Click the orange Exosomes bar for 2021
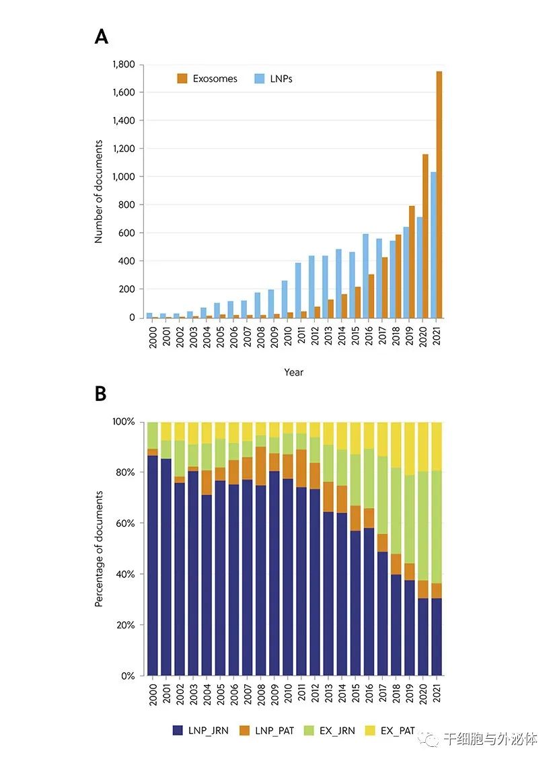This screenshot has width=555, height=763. tap(439, 194)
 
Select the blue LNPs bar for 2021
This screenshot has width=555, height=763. tap(433, 245)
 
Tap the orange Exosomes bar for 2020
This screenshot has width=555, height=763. tap(425, 236)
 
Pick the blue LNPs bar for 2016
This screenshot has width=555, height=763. tap(365, 276)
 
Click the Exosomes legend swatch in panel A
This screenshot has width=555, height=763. tap(182, 79)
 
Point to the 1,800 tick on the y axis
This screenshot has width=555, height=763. tap(123, 65)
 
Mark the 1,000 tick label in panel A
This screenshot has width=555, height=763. tap(123, 177)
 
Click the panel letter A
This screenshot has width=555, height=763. tap(102, 36)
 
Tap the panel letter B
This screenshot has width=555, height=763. tap(101, 394)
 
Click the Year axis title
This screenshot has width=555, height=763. tap(294, 372)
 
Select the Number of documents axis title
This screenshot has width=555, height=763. tap(99, 192)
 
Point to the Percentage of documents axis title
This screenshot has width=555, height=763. tap(99, 549)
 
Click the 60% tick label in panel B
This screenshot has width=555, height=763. tap(125, 523)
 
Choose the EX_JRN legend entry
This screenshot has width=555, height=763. tap(342, 730)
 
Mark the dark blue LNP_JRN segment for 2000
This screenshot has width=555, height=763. tap(153, 565)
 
